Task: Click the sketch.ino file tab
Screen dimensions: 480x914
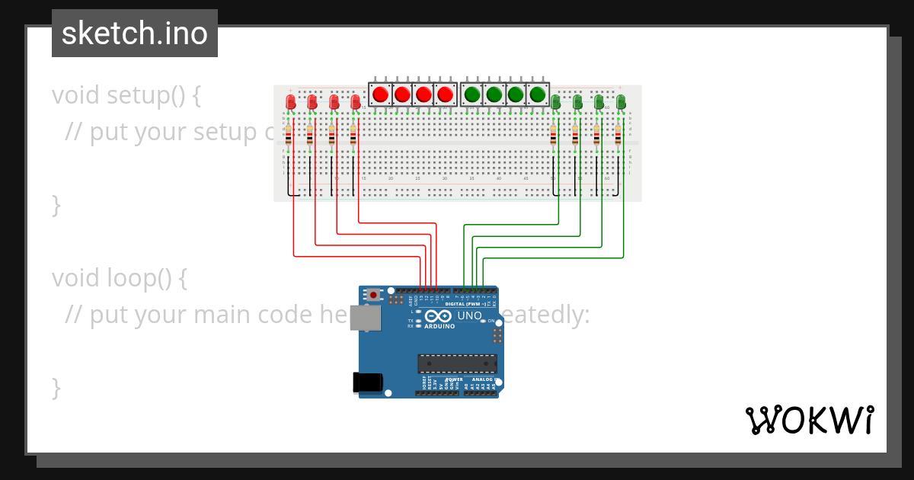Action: pos(135,34)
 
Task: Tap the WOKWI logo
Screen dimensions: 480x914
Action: pos(809,420)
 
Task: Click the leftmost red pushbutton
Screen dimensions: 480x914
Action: pos(380,94)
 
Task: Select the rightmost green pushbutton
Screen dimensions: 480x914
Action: pos(538,94)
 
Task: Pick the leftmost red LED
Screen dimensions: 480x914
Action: pos(290,102)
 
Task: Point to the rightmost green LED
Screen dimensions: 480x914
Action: pos(621,102)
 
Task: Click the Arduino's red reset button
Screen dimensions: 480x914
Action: pos(373,294)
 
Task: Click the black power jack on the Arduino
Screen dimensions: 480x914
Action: pos(366,382)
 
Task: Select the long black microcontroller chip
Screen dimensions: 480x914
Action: pos(457,364)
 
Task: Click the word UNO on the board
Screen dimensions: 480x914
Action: pos(469,315)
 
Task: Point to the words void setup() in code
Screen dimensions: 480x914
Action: pos(126,95)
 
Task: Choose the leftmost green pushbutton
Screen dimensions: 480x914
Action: pos(472,94)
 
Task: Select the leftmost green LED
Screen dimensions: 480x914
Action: pos(556,102)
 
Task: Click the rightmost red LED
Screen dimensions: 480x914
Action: pos(355,102)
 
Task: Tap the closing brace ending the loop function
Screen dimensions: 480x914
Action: pos(56,387)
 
